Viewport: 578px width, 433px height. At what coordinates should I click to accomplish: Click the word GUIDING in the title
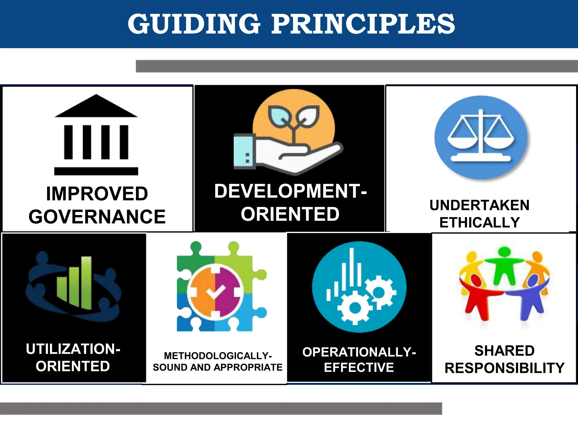point(194,24)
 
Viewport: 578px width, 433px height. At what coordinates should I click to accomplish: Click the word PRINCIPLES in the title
point(363,24)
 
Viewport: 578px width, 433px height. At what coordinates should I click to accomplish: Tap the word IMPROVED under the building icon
point(97,194)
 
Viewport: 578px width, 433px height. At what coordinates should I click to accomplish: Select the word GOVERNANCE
point(97,217)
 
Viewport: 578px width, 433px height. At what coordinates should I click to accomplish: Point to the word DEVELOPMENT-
point(290,191)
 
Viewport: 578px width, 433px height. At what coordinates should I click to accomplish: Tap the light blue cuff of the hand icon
point(244,152)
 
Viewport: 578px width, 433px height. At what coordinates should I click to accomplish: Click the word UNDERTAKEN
point(480,205)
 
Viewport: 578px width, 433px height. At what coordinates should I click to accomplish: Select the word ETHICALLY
point(480,222)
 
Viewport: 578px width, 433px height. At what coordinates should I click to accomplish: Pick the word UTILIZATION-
point(73,349)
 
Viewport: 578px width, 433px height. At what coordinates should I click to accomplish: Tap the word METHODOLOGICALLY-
point(218,356)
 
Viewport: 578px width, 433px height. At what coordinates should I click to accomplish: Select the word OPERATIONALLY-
point(359,352)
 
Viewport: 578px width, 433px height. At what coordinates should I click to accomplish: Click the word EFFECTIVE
point(359,368)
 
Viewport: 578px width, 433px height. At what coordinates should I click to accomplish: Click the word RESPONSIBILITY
point(504,368)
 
